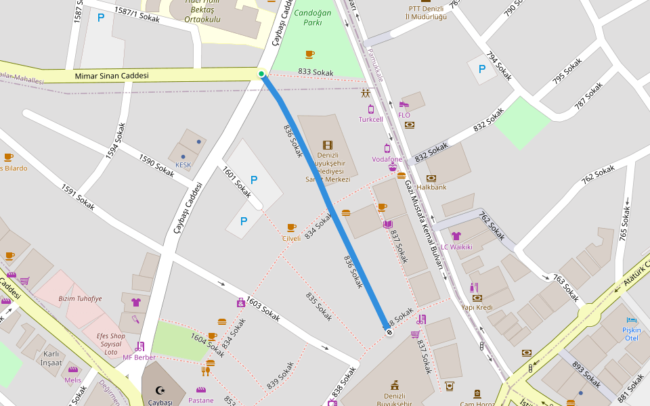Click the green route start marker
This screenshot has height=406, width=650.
(x=261, y=74)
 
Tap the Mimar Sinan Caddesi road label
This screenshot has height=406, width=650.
(x=112, y=76)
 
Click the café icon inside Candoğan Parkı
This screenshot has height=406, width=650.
(x=309, y=54)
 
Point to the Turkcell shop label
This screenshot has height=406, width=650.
(x=370, y=119)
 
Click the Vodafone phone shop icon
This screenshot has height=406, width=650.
(x=387, y=148)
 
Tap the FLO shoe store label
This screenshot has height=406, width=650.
(x=404, y=115)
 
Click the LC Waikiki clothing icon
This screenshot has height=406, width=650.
(x=456, y=236)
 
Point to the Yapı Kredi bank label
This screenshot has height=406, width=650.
(x=477, y=307)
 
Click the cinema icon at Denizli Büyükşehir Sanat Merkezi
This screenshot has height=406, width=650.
(x=328, y=145)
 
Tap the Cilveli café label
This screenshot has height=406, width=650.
(x=291, y=238)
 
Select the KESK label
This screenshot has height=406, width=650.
(x=183, y=164)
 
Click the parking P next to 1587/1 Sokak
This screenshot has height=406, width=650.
(x=101, y=18)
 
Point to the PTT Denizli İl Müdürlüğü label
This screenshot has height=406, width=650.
(x=425, y=12)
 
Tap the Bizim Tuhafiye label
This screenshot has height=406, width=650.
(x=80, y=298)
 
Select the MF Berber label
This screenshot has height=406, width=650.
(x=139, y=357)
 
